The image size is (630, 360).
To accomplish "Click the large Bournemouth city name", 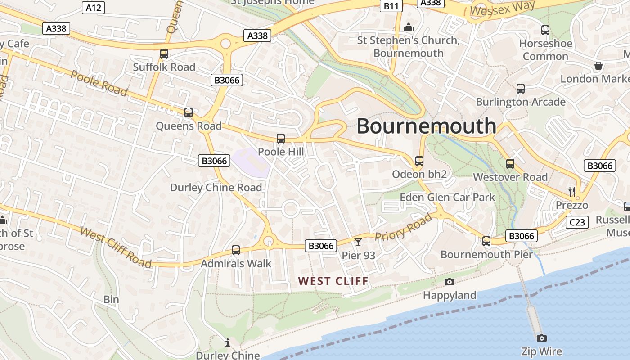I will pos(426,126).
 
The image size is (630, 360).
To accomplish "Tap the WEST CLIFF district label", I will pos(333,281).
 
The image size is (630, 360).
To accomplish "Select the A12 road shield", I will pos(94,7).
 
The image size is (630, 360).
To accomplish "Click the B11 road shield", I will pos(391,6).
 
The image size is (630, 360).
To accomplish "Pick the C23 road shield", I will pos(577,222).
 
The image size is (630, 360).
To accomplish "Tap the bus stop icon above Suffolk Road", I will pos(164,54).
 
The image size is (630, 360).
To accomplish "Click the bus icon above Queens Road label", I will pos(189,112).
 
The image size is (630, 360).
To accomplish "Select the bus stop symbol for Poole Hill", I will pos(281,139).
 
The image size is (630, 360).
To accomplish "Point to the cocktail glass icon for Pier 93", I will pos(358,242).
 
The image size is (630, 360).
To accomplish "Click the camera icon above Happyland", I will pos(449,282).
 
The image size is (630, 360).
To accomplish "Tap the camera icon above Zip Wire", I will pos(542,338).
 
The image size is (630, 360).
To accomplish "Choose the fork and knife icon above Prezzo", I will pos(572,192).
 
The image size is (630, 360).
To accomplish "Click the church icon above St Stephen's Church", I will pos(409,27).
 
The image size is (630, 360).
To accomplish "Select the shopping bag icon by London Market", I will pos(598,66).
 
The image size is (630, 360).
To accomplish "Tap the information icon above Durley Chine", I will pos(228,343).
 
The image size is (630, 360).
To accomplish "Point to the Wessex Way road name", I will pos(503,8).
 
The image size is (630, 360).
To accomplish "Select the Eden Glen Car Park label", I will pos(447,197).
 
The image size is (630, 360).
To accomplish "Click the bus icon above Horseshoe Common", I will pos(545,30).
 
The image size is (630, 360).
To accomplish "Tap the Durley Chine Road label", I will pos(216,188).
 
